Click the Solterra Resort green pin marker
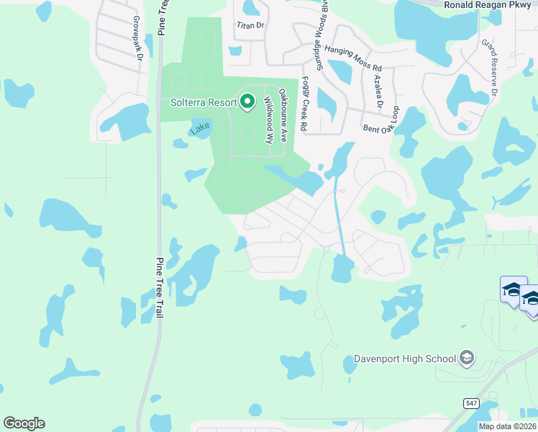[247, 102]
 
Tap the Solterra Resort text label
[204, 102]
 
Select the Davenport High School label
[405, 359]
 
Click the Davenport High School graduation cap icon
[467, 358]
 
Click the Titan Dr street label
[251, 24]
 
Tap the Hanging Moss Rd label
[352, 58]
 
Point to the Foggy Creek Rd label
[304, 104]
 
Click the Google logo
[24, 423]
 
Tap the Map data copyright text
[508, 426]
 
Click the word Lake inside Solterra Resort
[201, 129]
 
